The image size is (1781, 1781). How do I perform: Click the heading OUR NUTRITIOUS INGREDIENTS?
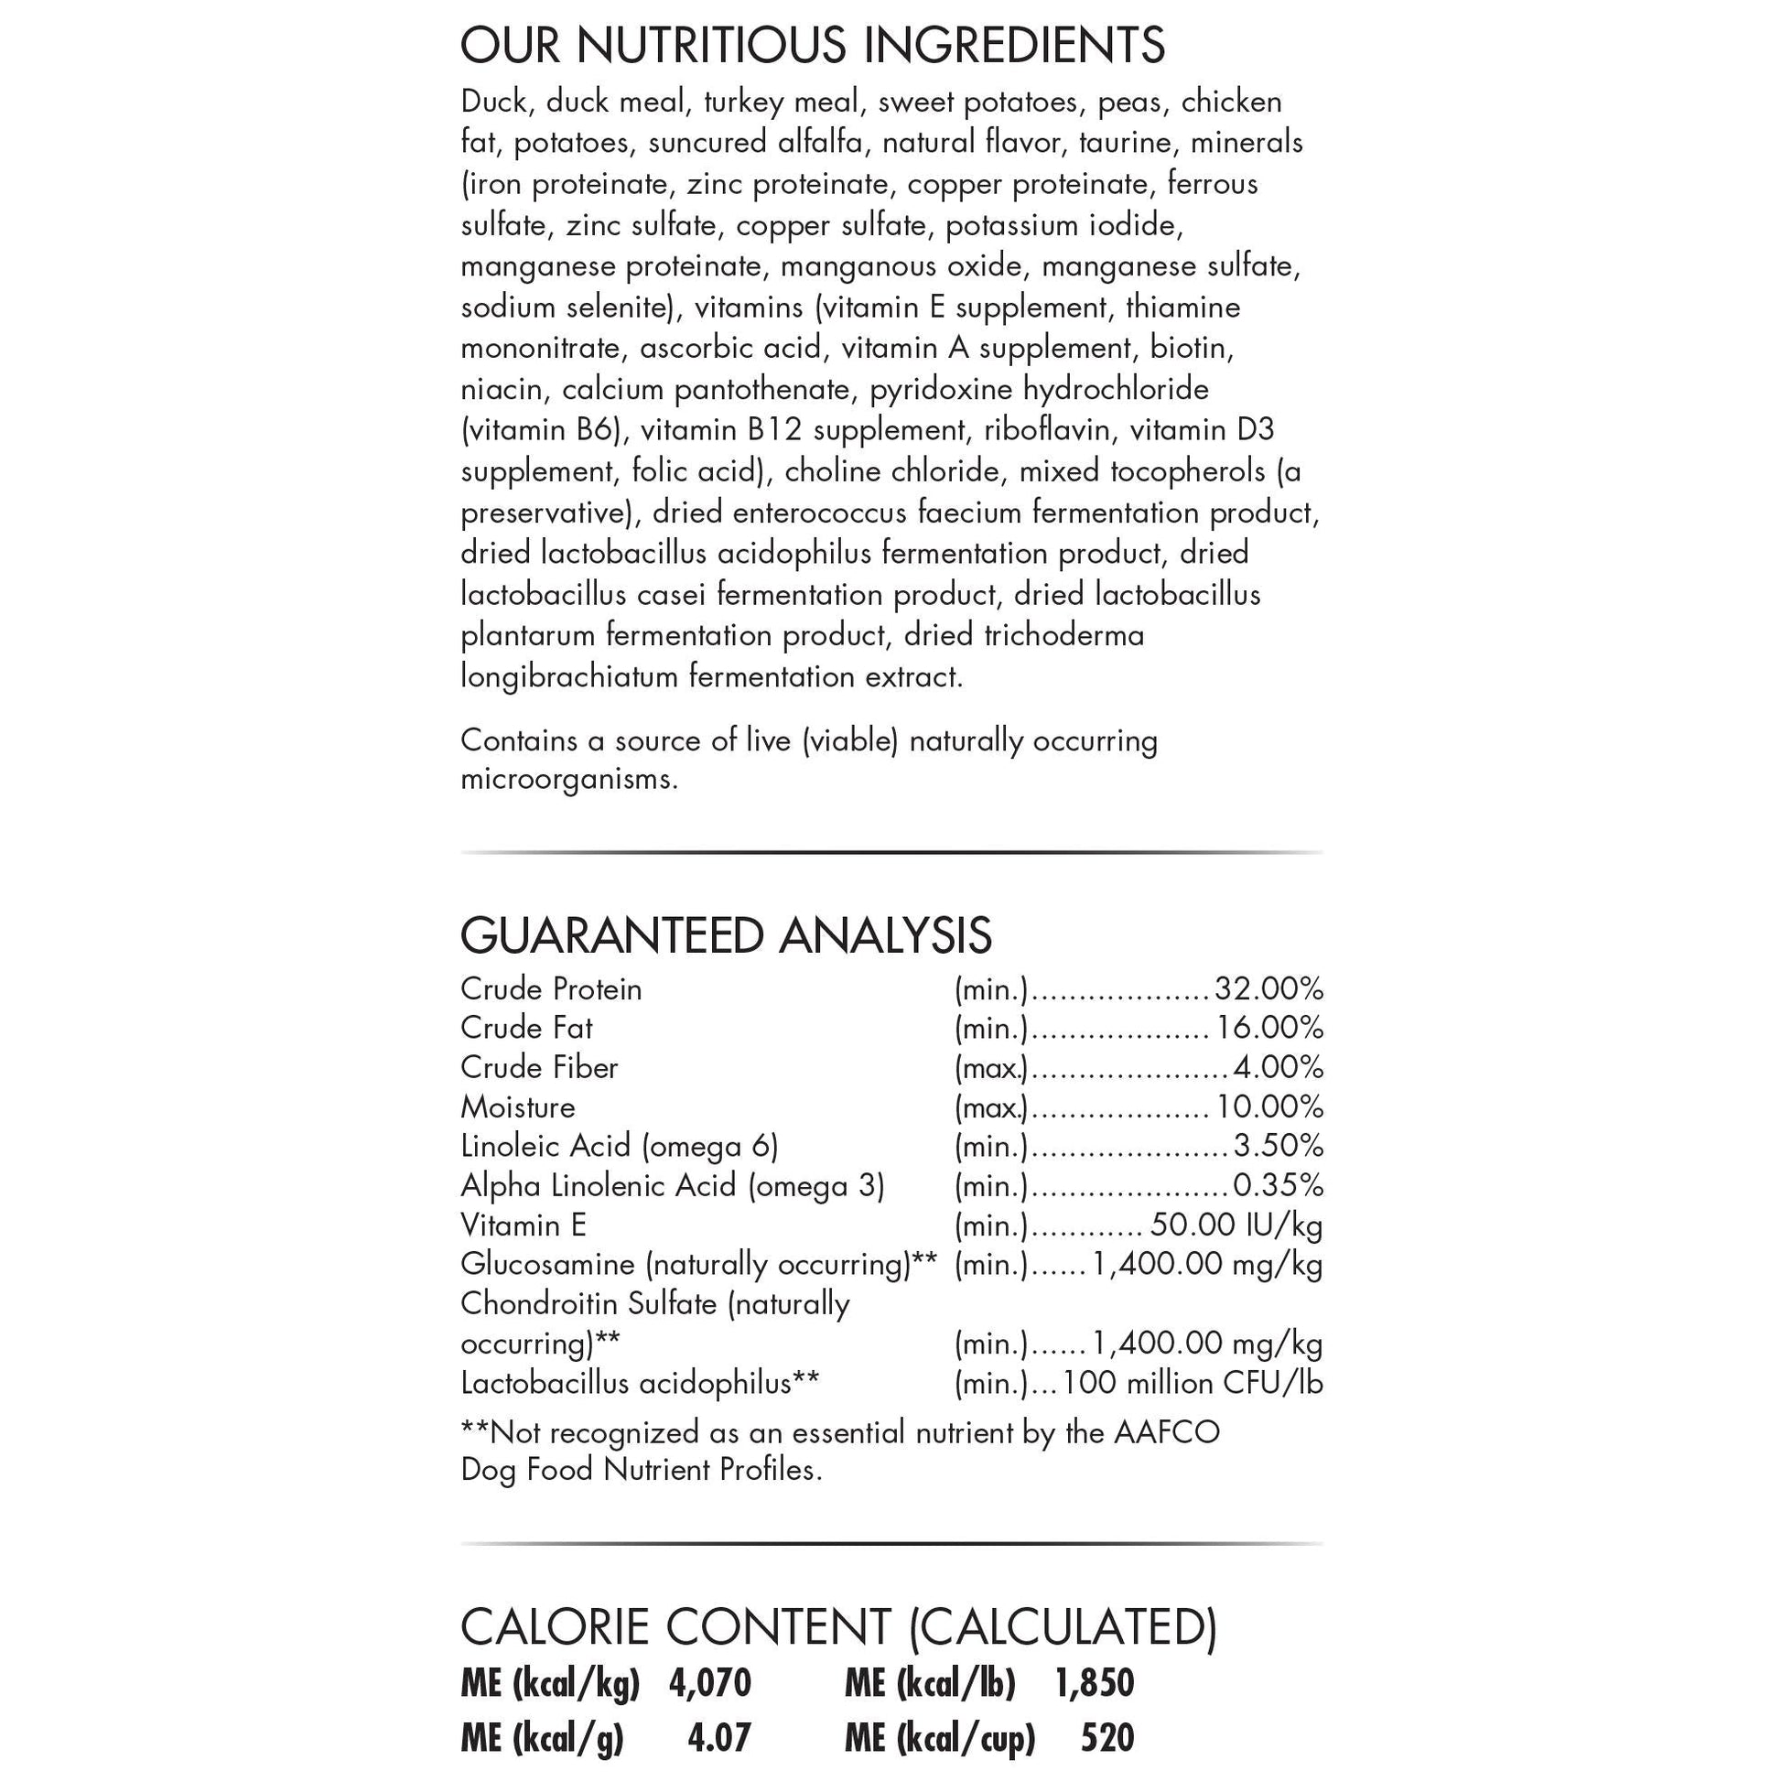[812, 45]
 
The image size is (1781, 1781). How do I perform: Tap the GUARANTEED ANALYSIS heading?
[726, 935]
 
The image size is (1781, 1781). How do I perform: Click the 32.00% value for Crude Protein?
[1268, 989]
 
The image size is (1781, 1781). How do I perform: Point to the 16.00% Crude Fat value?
[1269, 1028]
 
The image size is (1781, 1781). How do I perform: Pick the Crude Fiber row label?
[539, 1067]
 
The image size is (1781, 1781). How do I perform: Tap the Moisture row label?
[518, 1107]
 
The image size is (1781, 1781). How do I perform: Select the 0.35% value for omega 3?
[1278, 1185]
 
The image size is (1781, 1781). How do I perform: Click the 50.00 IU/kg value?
[1236, 1225]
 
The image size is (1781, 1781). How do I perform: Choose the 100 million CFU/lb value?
[1193, 1383]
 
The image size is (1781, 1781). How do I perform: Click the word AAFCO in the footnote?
[1166, 1431]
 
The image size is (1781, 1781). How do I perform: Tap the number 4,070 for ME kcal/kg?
[710, 1683]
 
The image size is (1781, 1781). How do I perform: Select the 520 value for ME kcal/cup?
[1107, 1739]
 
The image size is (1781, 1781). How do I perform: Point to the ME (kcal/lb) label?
[929, 1683]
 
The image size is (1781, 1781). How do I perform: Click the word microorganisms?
[568, 779]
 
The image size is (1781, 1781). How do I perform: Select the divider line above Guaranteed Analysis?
[891, 853]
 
